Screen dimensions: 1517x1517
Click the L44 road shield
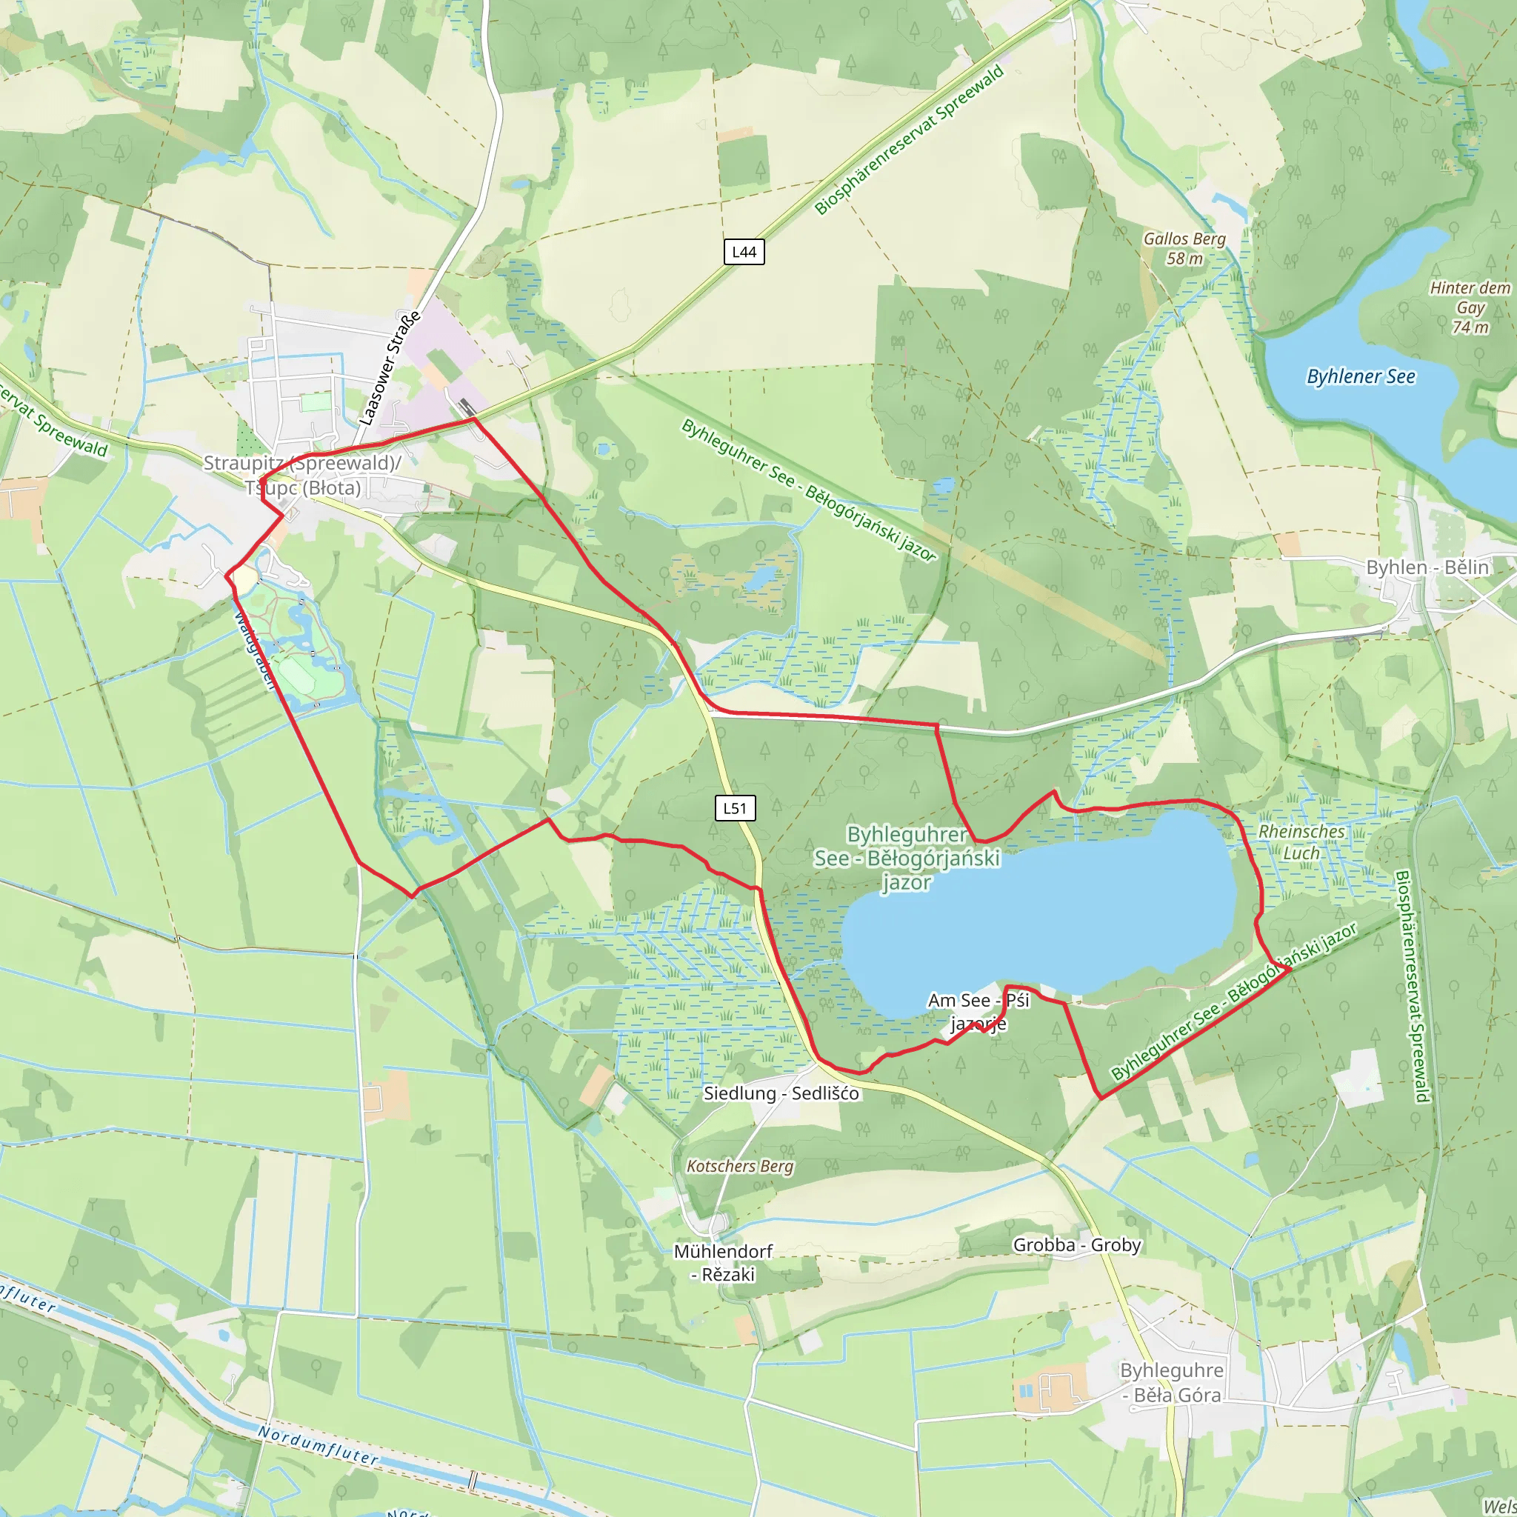pos(744,252)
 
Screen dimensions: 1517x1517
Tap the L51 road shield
pos(735,808)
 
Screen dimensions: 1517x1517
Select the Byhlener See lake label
pos(1360,377)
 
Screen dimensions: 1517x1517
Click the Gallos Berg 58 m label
pos(1184,248)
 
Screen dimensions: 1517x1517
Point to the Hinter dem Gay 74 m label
pos(1470,307)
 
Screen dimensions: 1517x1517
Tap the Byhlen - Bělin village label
pos(1427,567)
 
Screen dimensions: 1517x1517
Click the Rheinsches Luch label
pos(1301,841)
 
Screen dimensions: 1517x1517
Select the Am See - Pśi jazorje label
pos(978,1011)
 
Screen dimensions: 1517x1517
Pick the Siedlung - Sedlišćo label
pos(781,1093)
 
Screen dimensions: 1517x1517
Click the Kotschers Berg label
pos(740,1166)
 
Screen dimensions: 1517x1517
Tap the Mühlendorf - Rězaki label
pos(723,1263)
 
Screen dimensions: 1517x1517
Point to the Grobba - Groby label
pos(1076,1244)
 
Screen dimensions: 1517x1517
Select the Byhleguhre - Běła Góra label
pos(1172,1382)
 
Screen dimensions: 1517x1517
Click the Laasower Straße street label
pos(390,367)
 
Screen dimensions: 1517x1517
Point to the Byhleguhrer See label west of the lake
pos(907,858)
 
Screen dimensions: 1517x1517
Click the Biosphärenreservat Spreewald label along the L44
pos(910,140)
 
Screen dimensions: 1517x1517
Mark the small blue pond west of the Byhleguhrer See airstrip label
pos(602,450)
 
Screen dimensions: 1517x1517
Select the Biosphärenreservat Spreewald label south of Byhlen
pos(1413,985)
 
